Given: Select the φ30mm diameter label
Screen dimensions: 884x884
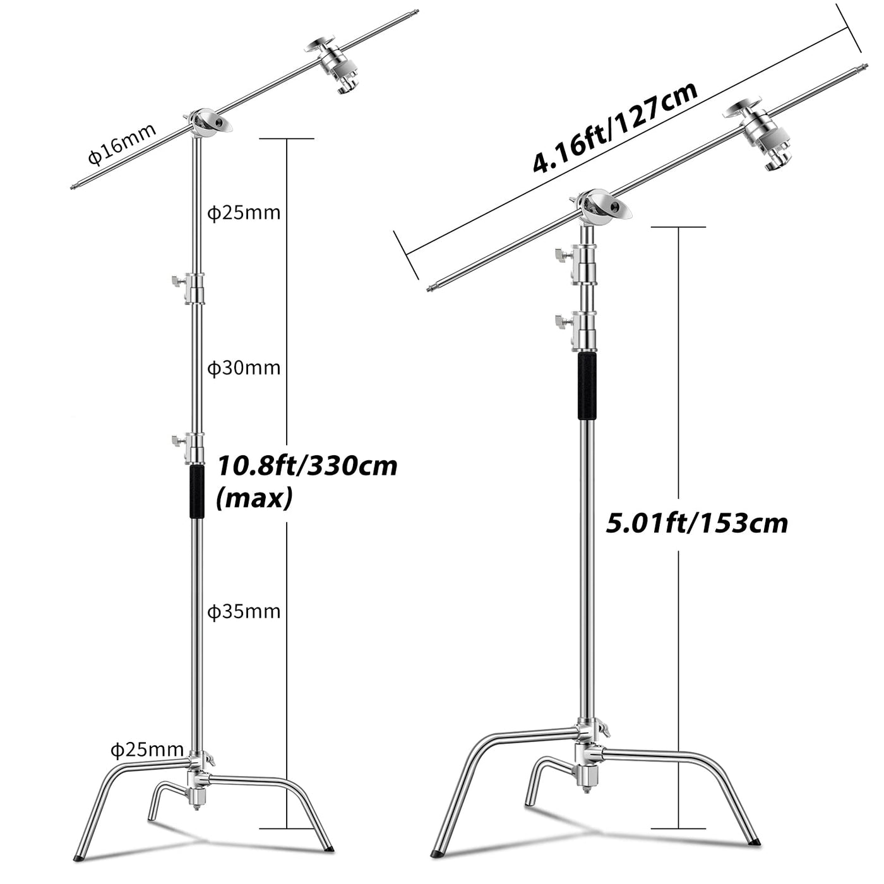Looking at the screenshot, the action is pos(244,368).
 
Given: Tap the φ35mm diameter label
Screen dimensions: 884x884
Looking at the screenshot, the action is pos(244,611).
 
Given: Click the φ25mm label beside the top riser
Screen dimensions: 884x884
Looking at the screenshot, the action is pos(244,213).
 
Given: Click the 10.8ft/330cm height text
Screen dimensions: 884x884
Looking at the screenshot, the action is pos(307,467).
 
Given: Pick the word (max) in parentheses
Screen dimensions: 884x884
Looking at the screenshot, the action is pos(254,499).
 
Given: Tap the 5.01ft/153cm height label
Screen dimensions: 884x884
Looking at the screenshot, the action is pos(697,523).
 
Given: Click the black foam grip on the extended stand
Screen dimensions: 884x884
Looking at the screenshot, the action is pos(197,493).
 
